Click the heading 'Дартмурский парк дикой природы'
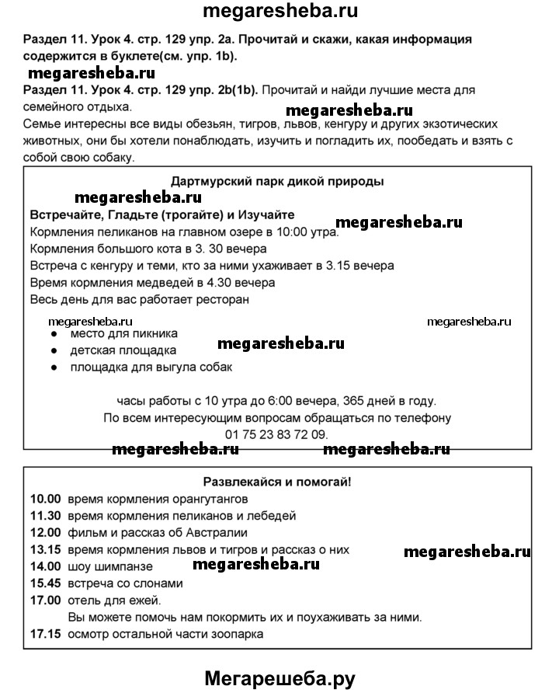click(x=276, y=181)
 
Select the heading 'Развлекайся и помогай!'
click(x=276, y=482)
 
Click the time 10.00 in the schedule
click(x=45, y=498)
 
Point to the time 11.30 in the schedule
click(x=45, y=515)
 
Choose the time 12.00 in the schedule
click(x=45, y=532)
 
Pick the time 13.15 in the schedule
click(x=45, y=549)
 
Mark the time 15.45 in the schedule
click(x=45, y=583)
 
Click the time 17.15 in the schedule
click(x=45, y=634)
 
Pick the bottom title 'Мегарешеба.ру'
click(x=279, y=678)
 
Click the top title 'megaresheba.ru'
click(x=279, y=12)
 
